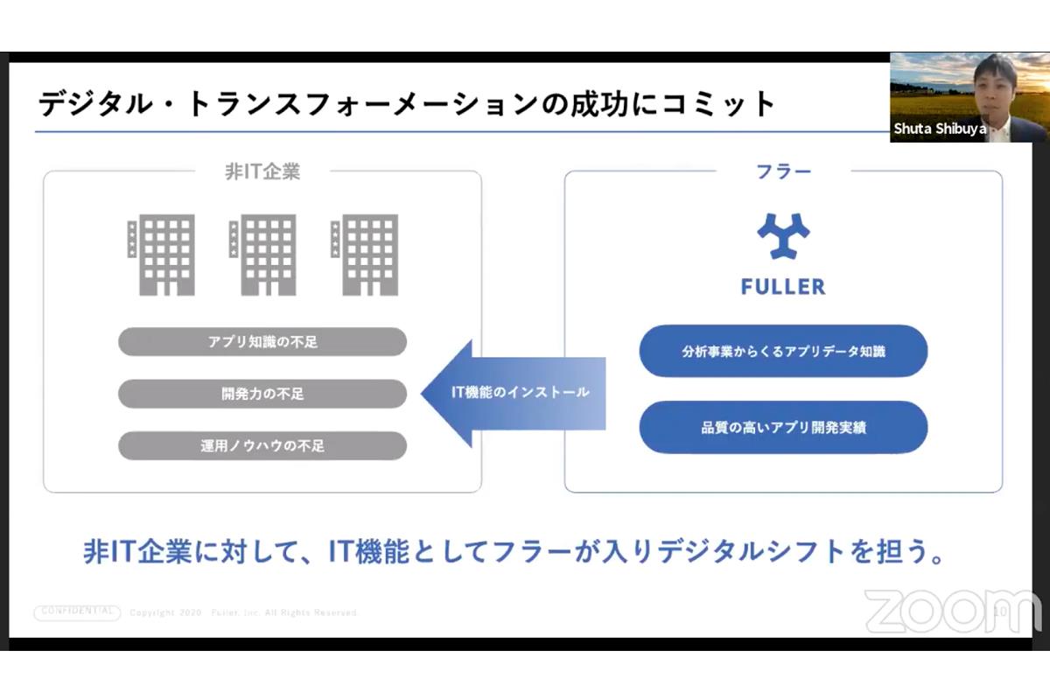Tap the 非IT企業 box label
click(262, 171)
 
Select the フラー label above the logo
click(783, 171)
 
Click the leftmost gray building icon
click(161, 254)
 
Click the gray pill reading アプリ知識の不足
click(262, 342)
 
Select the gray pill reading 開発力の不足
click(262, 394)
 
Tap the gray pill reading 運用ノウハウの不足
click(262, 445)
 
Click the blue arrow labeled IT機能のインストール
click(516, 393)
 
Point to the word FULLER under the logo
click(783, 287)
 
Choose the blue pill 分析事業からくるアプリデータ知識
click(783, 352)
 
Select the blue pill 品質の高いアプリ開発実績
click(783, 428)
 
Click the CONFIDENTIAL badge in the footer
click(77, 612)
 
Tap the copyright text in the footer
click(244, 613)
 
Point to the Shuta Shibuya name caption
click(940, 129)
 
